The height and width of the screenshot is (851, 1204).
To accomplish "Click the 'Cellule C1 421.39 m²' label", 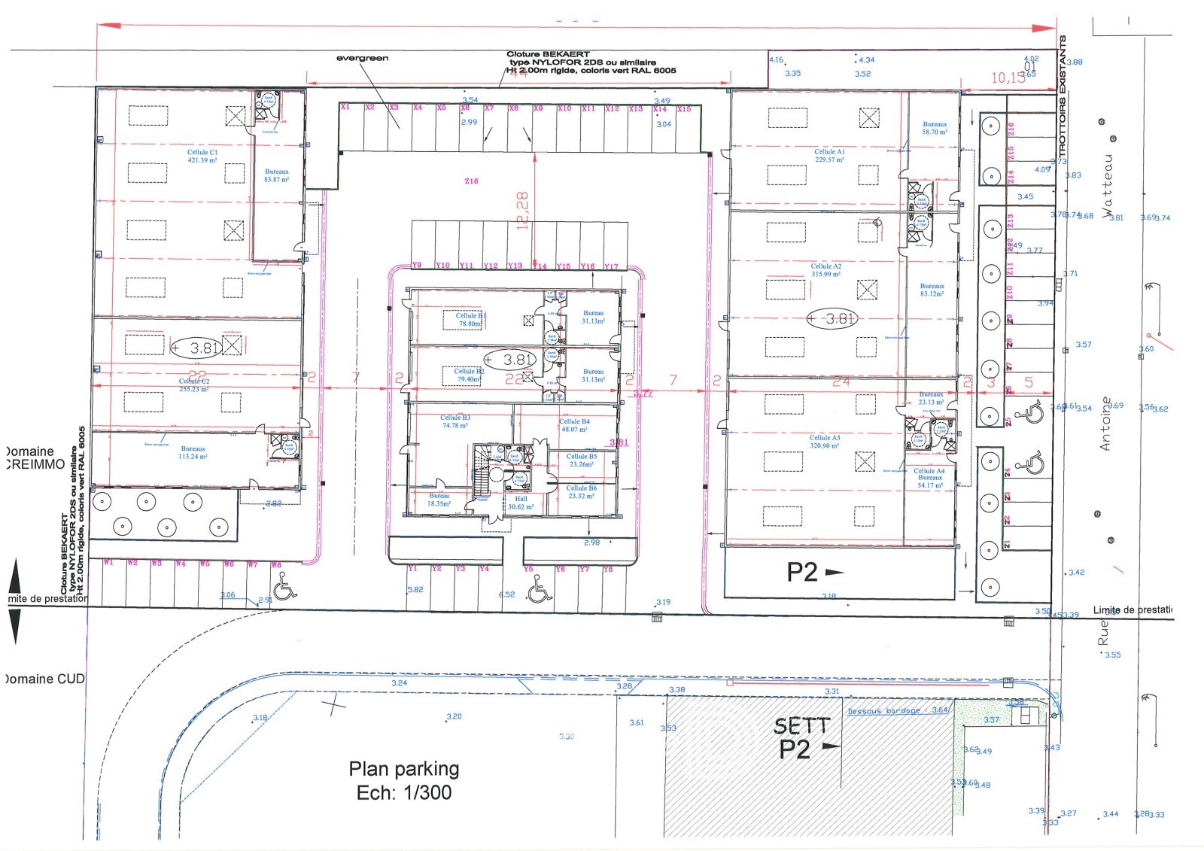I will [x=202, y=156].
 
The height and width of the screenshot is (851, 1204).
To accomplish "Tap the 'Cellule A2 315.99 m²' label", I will [x=825, y=270].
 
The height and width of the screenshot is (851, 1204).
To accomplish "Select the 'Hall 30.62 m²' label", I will [x=521, y=503].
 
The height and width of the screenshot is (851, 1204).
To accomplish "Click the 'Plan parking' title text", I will [x=403, y=769].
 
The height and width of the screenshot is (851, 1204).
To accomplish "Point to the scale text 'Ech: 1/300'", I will [x=403, y=792].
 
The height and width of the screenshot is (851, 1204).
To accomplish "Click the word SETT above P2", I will [x=801, y=726].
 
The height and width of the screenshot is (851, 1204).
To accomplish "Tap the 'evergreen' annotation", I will [x=362, y=58].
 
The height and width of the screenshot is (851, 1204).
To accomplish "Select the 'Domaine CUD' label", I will [x=44, y=679].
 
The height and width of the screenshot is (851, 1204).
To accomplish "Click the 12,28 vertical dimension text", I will [x=522, y=210].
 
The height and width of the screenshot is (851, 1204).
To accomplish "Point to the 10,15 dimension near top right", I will [x=1008, y=78].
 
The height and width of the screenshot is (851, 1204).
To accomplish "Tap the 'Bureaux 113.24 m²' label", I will [x=193, y=452].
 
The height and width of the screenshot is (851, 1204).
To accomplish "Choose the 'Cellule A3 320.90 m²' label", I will [x=825, y=442].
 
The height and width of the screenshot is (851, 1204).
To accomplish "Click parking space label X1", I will [x=345, y=108].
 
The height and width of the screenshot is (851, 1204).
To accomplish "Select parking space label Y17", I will [x=611, y=266].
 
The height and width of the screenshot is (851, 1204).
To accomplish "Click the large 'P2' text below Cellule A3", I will [x=801, y=573].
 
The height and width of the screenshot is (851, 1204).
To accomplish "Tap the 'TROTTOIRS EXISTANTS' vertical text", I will [x=1063, y=98].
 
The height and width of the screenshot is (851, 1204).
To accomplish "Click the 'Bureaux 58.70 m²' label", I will [x=935, y=128].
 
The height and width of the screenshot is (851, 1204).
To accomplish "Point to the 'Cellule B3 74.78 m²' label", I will [x=455, y=421].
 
